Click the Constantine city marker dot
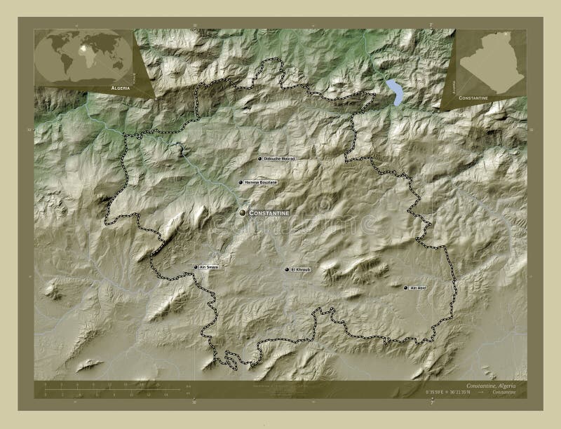[243, 212]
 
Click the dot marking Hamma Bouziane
[241, 182]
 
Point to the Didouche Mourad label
[279, 159]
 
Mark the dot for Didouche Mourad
[259, 159]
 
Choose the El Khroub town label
[300, 269]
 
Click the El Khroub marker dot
[286, 269]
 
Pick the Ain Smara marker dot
[196, 266]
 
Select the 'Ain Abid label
[418, 287]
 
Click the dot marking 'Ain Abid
[405, 287]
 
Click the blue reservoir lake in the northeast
[395, 92]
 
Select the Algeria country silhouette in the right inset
[491, 63]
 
